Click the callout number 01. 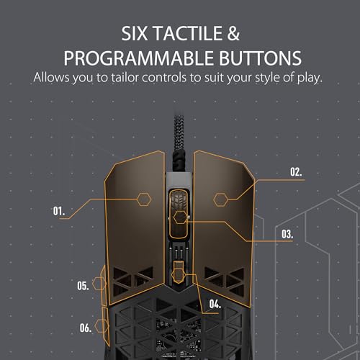point(59,211)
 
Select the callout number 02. point(296,172)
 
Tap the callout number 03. point(287,234)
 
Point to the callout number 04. point(215,304)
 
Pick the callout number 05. point(83,286)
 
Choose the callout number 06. point(86,328)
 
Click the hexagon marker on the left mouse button point(144,199)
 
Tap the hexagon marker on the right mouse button point(220,199)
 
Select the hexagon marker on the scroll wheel point(181,217)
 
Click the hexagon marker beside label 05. point(99,284)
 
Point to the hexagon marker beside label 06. point(102,326)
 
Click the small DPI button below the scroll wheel point(179,271)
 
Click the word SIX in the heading point(135,33)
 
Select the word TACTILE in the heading point(188,33)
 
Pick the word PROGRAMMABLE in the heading point(138,58)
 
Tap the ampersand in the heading point(233,33)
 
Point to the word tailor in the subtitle point(125,78)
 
